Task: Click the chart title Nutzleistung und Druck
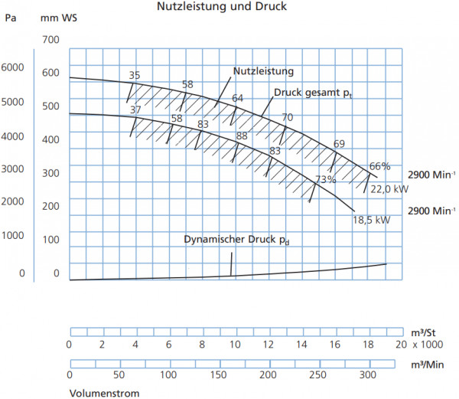click(222, 6)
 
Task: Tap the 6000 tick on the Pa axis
click(12, 67)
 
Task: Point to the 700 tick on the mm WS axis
click(50, 40)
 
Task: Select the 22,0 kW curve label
click(389, 189)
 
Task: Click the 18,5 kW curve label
click(371, 220)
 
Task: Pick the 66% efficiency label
click(379, 166)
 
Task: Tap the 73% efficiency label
click(326, 179)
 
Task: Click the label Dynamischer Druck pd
click(236, 240)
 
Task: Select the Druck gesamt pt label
click(313, 93)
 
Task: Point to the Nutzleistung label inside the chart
click(263, 71)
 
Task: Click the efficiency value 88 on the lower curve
click(242, 136)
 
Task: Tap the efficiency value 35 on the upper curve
click(135, 75)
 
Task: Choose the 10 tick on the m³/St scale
click(235, 345)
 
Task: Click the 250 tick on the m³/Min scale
click(317, 374)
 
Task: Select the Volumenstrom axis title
click(104, 393)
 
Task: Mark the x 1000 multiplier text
click(428, 345)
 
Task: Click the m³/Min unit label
click(428, 365)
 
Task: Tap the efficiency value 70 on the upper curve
click(287, 117)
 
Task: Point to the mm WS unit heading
click(59, 18)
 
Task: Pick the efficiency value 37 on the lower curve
click(135, 110)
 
